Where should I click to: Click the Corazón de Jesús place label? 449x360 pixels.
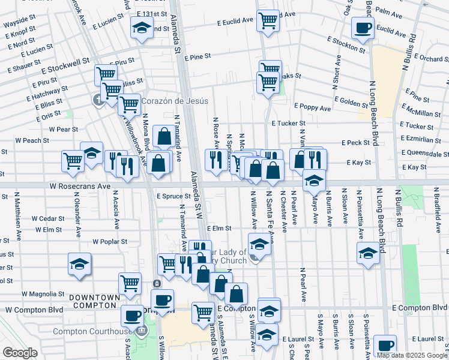click(175, 101)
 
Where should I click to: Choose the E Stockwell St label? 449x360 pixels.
click(65, 61)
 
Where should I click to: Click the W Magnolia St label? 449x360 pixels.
click(43, 294)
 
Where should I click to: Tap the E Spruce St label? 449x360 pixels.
click(173, 196)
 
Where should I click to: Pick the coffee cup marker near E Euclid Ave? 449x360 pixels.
click(363, 27)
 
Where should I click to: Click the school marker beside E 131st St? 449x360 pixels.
click(142, 28)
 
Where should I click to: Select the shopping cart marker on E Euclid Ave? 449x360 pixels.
click(268, 20)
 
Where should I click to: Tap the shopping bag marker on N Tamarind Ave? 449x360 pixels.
click(164, 136)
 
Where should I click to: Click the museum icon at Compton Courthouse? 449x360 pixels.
click(142, 331)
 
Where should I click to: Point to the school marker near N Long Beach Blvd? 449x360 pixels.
click(368, 253)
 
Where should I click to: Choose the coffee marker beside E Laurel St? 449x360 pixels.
click(385, 346)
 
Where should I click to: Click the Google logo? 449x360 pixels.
click(20, 352)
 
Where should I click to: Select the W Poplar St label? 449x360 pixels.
click(110, 241)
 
